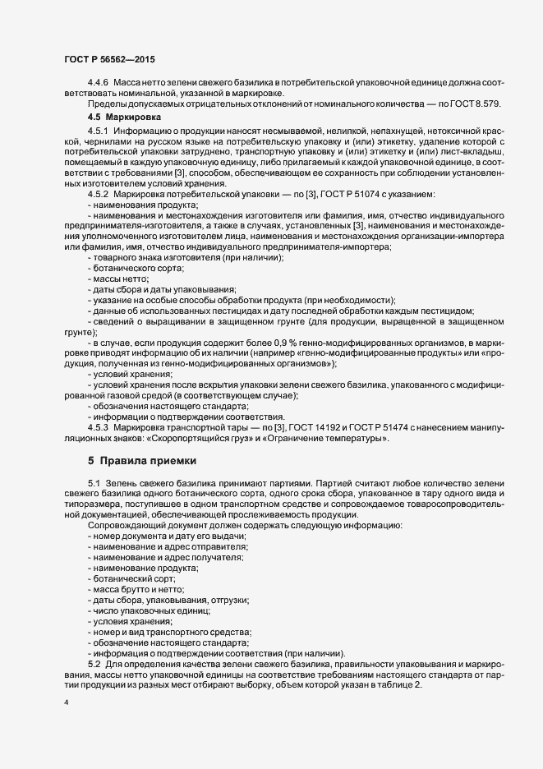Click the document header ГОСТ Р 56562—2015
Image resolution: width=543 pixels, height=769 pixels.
coord(108,59)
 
